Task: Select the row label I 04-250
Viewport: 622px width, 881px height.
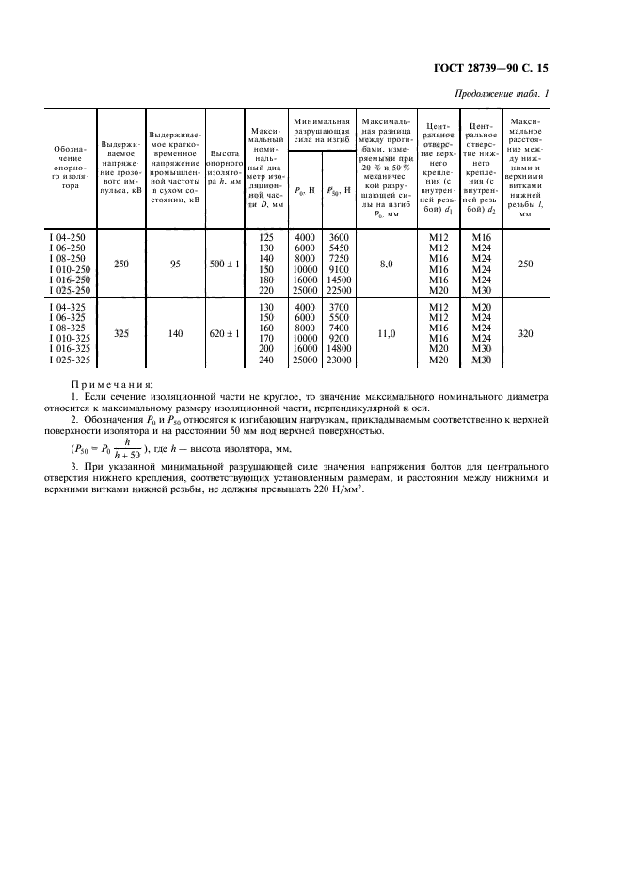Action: tap(69, 237)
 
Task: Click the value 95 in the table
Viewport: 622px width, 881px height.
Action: tap(175, 264)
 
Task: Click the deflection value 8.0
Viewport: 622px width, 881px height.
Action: tap(386, 264)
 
